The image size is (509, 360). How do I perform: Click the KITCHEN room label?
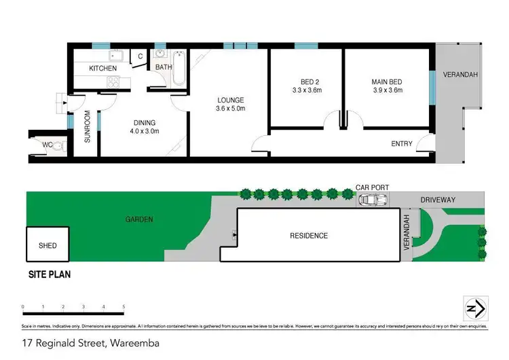103,69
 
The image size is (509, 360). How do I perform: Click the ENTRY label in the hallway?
401,143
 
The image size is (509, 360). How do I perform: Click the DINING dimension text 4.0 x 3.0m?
145,131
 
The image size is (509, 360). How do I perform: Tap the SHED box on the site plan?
48,245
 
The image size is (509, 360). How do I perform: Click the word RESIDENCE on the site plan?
309,236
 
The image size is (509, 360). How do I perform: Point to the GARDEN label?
138,219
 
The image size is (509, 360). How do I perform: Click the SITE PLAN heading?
49,275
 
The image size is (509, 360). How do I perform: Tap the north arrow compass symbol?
473,308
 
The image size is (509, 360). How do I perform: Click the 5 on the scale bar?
124,308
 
